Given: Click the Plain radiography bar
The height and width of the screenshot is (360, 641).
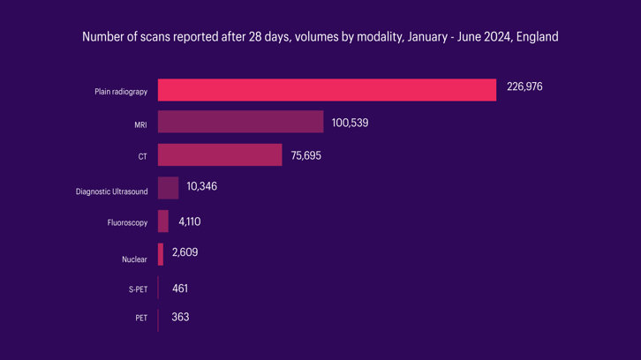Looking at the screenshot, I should (x=327, y=90).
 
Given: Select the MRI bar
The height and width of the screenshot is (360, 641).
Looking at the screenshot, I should (x=240, y=123).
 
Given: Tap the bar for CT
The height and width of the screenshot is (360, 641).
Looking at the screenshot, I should (x=220, y=155).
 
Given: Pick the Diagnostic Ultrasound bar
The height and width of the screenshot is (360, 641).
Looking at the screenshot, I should (x=168, y=188).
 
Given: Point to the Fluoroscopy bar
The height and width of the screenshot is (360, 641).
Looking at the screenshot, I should (x=162, y=221).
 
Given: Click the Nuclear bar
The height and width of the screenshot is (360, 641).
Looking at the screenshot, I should (x=161, y=254).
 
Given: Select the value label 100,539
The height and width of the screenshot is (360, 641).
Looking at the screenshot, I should (x=350, y=123).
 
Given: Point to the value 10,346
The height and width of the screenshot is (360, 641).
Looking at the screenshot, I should (x=201, y=187).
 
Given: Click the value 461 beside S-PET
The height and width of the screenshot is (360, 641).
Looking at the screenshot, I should (x=180, y=289).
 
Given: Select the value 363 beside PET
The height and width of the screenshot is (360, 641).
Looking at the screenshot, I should (x=180, y=317).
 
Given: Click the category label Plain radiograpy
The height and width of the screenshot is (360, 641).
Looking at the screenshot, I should (x=121, y=92).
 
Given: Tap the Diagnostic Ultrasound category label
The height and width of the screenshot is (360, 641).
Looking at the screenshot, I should (x=111, y=191).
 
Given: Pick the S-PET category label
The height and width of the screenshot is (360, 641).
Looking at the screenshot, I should (x=138, y=289).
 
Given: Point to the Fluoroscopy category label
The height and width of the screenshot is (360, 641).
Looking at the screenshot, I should (x=126, y=224).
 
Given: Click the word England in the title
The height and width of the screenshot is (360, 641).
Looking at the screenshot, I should (x=536, y=38).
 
